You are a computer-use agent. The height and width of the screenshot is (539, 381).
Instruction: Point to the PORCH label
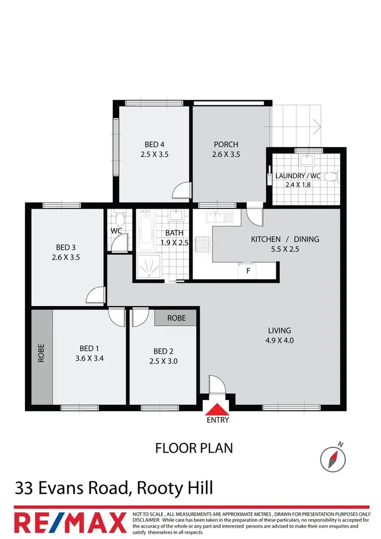point(226,144)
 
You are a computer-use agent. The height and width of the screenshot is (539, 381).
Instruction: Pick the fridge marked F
point(248,271)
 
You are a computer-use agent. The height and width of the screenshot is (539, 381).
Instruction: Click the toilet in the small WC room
point(120,220)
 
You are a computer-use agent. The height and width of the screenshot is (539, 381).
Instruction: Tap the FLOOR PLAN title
point(194,448)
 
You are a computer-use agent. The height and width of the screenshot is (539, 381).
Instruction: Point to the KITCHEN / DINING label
point(285,239)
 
